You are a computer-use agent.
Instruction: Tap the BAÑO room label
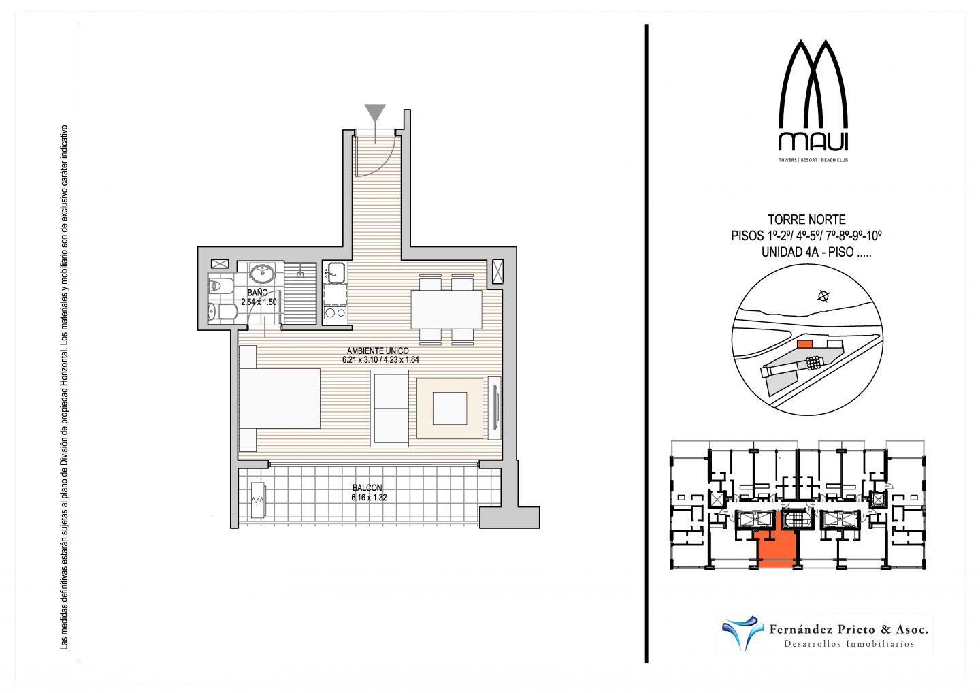click(x=257, y=293)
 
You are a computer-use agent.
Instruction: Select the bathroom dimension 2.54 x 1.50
click(x=259, y=302)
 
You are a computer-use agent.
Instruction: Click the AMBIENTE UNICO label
click(x=378, y=351)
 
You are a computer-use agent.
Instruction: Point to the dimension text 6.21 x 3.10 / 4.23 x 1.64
click(x=380, y=360)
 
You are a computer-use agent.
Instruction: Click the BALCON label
click(x=367, y=488)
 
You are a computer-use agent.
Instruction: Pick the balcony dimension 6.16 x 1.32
click(x=369, y=498)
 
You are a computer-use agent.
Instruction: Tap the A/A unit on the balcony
click(x=258, y=500)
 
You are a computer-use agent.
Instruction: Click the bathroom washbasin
click(x=262, y=273)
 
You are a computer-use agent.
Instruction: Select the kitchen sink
click(x=335, y=272)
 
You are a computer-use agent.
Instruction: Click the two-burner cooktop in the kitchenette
click(x=335, y=312)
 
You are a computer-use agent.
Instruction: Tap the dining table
click(x=446, y=309)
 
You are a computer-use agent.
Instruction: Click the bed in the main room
click(x=280, y=398)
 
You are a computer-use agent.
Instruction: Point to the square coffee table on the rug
click(x=450, y=408)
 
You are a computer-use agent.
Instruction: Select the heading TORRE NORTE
click(x=806, y=219)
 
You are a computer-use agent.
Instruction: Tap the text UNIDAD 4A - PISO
click(x=807, y=252)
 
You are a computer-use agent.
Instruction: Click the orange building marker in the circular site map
click(x=804, y=344)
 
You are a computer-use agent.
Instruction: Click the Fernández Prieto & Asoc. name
click(x=849, y=629)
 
